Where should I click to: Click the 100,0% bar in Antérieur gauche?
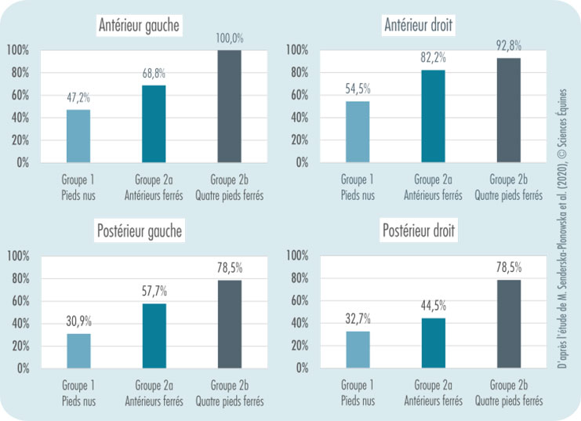click(x=229, y=106)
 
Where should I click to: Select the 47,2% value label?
click(x=78, y=98)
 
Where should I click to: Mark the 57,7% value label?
click(x=153, y=291)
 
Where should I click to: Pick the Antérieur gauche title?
click(x=140, y=26)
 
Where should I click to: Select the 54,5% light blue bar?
click(x=358, y=132)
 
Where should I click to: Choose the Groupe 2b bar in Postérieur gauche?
click(x=229, y=324)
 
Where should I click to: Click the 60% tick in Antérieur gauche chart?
click(x=18, y=95)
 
